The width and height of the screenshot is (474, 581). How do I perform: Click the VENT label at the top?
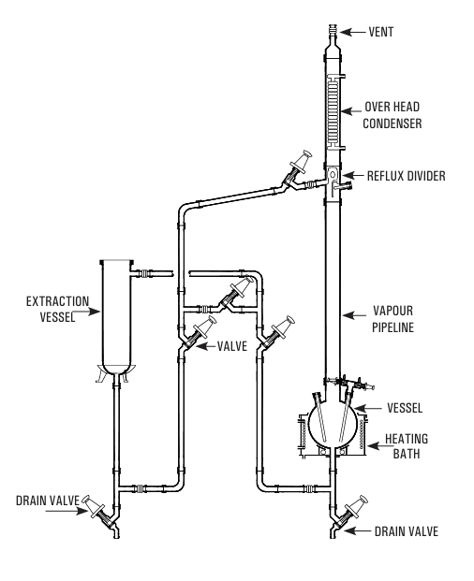[x=381, y=32]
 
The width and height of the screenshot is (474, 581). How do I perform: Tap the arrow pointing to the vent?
[x=353, y=32]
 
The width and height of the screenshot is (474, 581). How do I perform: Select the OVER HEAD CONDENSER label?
[x=392, y=115]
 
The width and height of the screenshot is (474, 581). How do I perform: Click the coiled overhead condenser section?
[x=333, y=111]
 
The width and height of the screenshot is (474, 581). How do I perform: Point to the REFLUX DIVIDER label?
[x=407, y=176]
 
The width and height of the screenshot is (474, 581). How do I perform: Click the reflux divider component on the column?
[x=333, y=181]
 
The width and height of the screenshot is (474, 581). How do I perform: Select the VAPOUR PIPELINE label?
[x=393, y=319]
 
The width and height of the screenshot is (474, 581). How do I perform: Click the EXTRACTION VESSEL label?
[x=57, y=309]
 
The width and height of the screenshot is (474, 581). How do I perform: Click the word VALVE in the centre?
[x=232, y=346]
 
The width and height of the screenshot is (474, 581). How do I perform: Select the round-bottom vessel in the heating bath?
[x=333, y=422]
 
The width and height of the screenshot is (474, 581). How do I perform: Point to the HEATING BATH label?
[x=407, y=446]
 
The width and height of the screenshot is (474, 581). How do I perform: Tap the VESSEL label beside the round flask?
[x=405, y=408]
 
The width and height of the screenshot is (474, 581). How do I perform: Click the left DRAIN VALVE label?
[x=48, y=501]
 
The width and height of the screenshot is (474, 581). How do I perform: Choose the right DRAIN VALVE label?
[x=407, y=531]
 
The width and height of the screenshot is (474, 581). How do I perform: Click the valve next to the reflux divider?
[x=297, y=168]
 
